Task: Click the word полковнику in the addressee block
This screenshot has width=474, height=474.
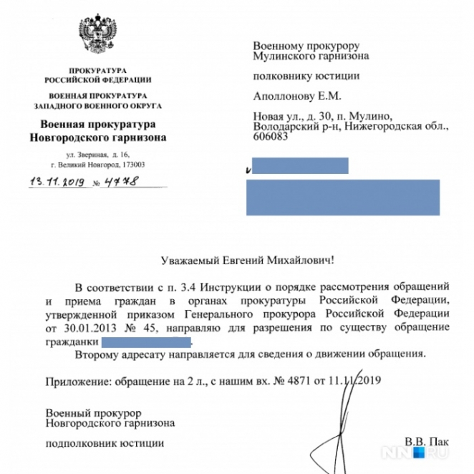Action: [279, 75]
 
